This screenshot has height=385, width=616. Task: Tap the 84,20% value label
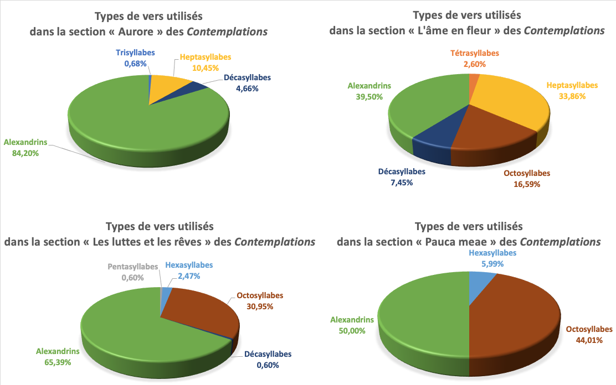[26, 153]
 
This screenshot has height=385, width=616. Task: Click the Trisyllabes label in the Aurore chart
[135, 53]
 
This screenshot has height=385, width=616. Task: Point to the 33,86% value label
[572, 96]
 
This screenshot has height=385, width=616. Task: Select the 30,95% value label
[260, 305]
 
